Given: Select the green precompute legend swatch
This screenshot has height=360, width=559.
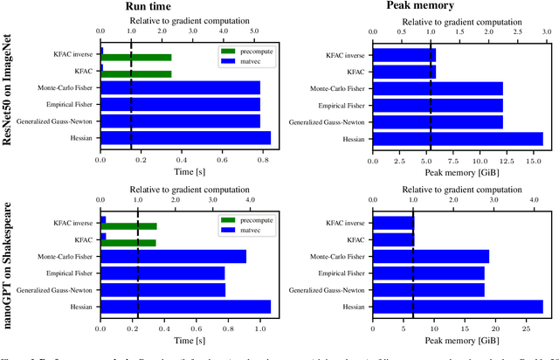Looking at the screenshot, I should click(x=229, y=53).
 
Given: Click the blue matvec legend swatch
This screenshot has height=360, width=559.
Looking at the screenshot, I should click(x=229, y=62).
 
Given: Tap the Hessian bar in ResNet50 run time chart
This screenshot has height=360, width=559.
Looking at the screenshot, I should click(x=185, y=137).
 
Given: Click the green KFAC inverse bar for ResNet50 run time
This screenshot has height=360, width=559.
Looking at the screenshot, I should click(x=137, y=58).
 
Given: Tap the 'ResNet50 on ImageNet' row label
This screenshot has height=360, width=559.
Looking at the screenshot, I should click(x=15, y=98).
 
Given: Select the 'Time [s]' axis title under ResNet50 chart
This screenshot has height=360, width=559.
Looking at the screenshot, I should click(x=183, y=172).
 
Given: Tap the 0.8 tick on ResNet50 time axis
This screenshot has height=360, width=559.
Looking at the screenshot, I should click(x=262, y=160).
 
